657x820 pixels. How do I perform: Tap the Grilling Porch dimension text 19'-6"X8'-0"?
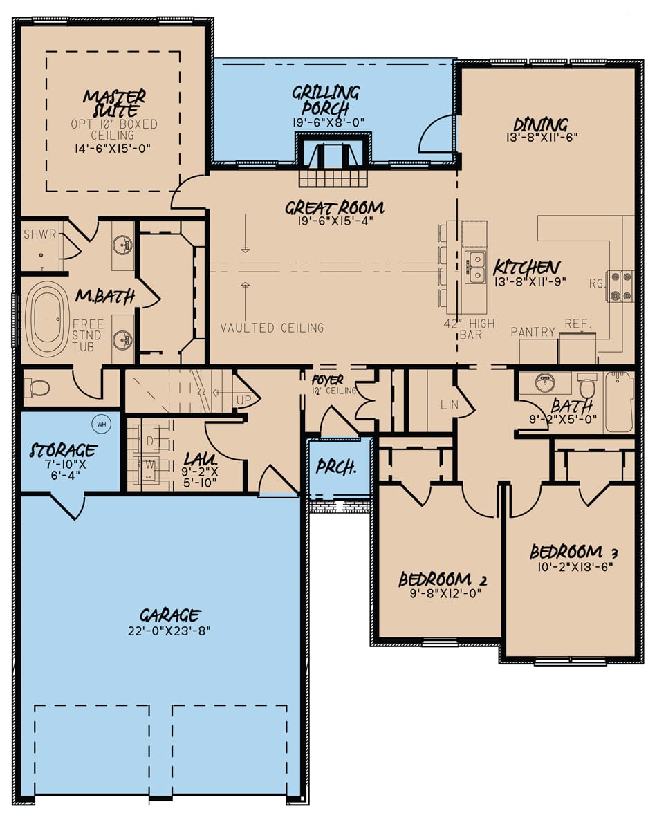coord(328,122)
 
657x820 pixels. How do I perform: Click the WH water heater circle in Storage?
coord(102,423)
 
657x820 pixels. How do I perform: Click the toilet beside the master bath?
coord(37,388)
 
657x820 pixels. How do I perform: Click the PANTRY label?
coord(533,333)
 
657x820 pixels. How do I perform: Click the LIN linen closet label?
coord(449,403)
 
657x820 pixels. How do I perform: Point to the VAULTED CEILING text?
coord(272,328)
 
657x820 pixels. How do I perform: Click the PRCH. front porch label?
coord(335,467)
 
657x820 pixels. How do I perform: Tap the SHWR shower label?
coord(39,234)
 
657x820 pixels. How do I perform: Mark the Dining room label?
coord(540,125)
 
